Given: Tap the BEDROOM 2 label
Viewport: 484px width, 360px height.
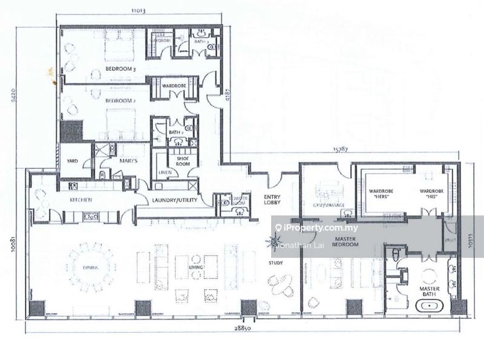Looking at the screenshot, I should click(x=119, y=100).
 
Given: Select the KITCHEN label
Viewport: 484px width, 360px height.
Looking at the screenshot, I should click(x=80, y=200).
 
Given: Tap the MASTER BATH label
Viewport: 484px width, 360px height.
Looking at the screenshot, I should click(x=430, y=292).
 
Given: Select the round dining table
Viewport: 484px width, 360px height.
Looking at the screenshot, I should click(x=91, y=266).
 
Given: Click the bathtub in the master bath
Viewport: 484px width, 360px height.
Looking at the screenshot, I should click(x=430, y=306).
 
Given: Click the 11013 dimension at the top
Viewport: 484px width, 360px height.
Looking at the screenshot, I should click(x=141, y=10).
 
